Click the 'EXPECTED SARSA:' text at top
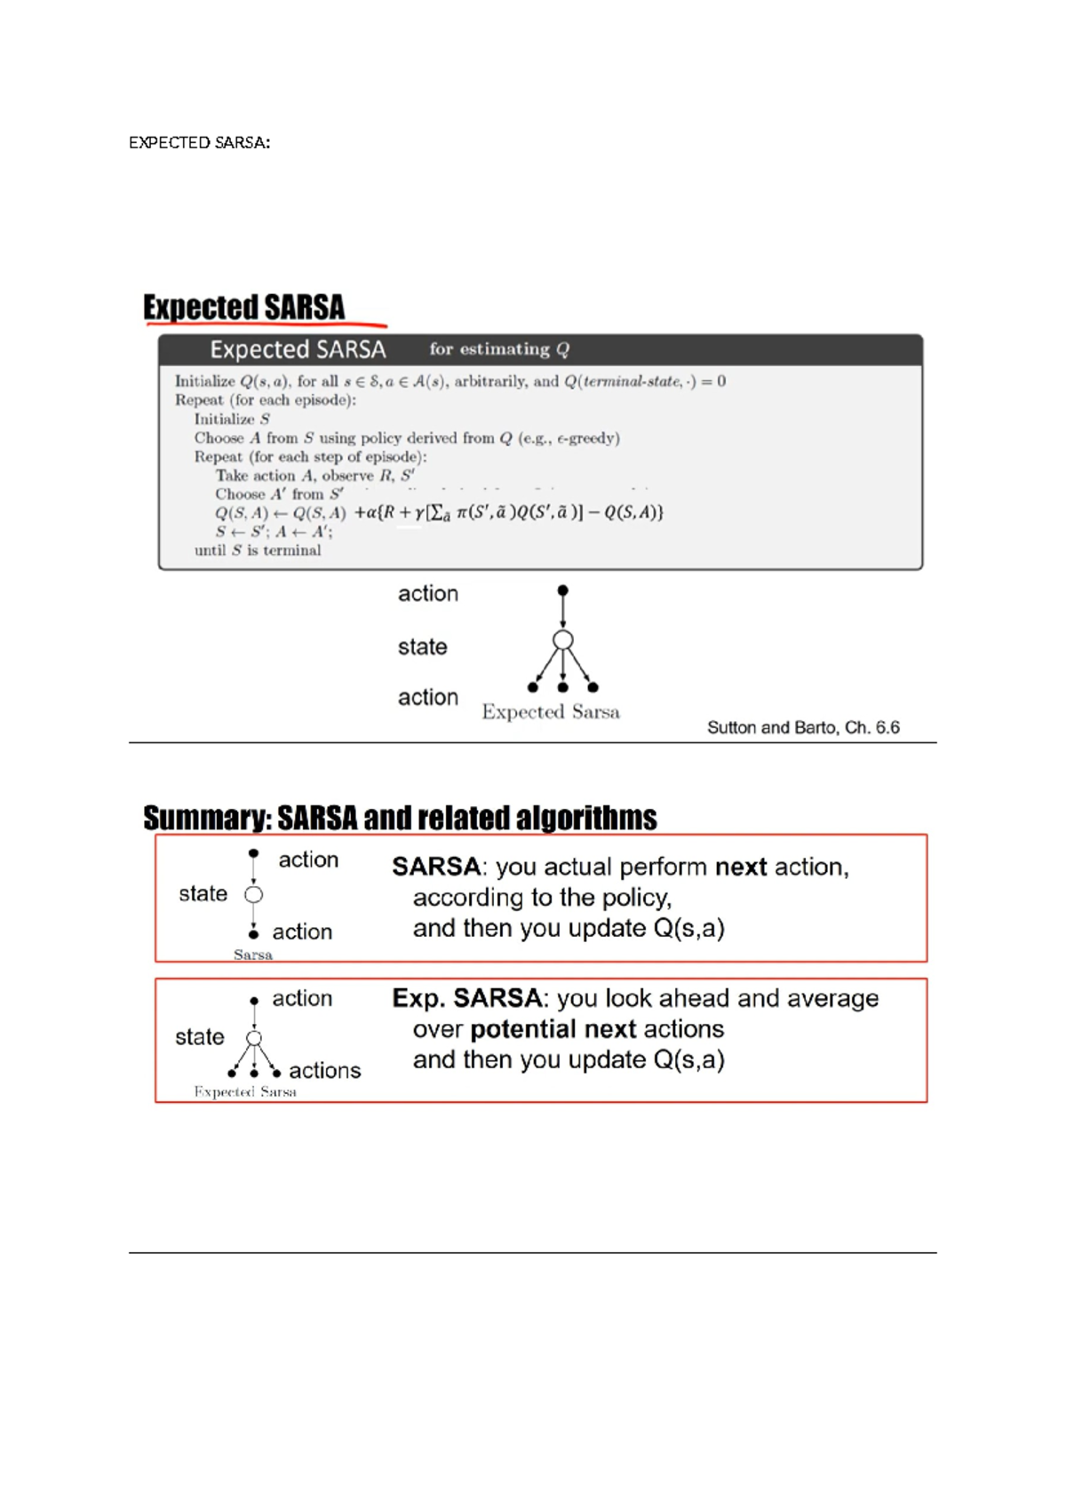pos(199,142)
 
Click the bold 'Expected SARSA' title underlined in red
pos(243,307)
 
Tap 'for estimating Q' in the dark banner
pos(498,349)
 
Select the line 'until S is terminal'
pos(258,551)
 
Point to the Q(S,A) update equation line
pos(439,512)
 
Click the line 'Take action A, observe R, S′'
pos(314,475)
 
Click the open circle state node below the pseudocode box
pos(562,640)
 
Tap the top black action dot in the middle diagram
pos(562,591)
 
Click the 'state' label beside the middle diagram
pos(422,646)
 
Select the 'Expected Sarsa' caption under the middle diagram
pos(551,711)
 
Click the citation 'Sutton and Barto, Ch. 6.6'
pos(803,727)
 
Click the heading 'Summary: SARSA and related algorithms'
pos(400,817)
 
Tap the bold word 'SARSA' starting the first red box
pos(436,867)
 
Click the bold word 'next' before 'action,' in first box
pos(741,867)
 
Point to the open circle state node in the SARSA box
pos(254,894)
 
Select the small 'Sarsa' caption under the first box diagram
pos(253,955)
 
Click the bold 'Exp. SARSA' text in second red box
pos(467,998)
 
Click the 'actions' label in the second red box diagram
pos(325,1070)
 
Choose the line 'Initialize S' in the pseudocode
pos(232,419)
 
